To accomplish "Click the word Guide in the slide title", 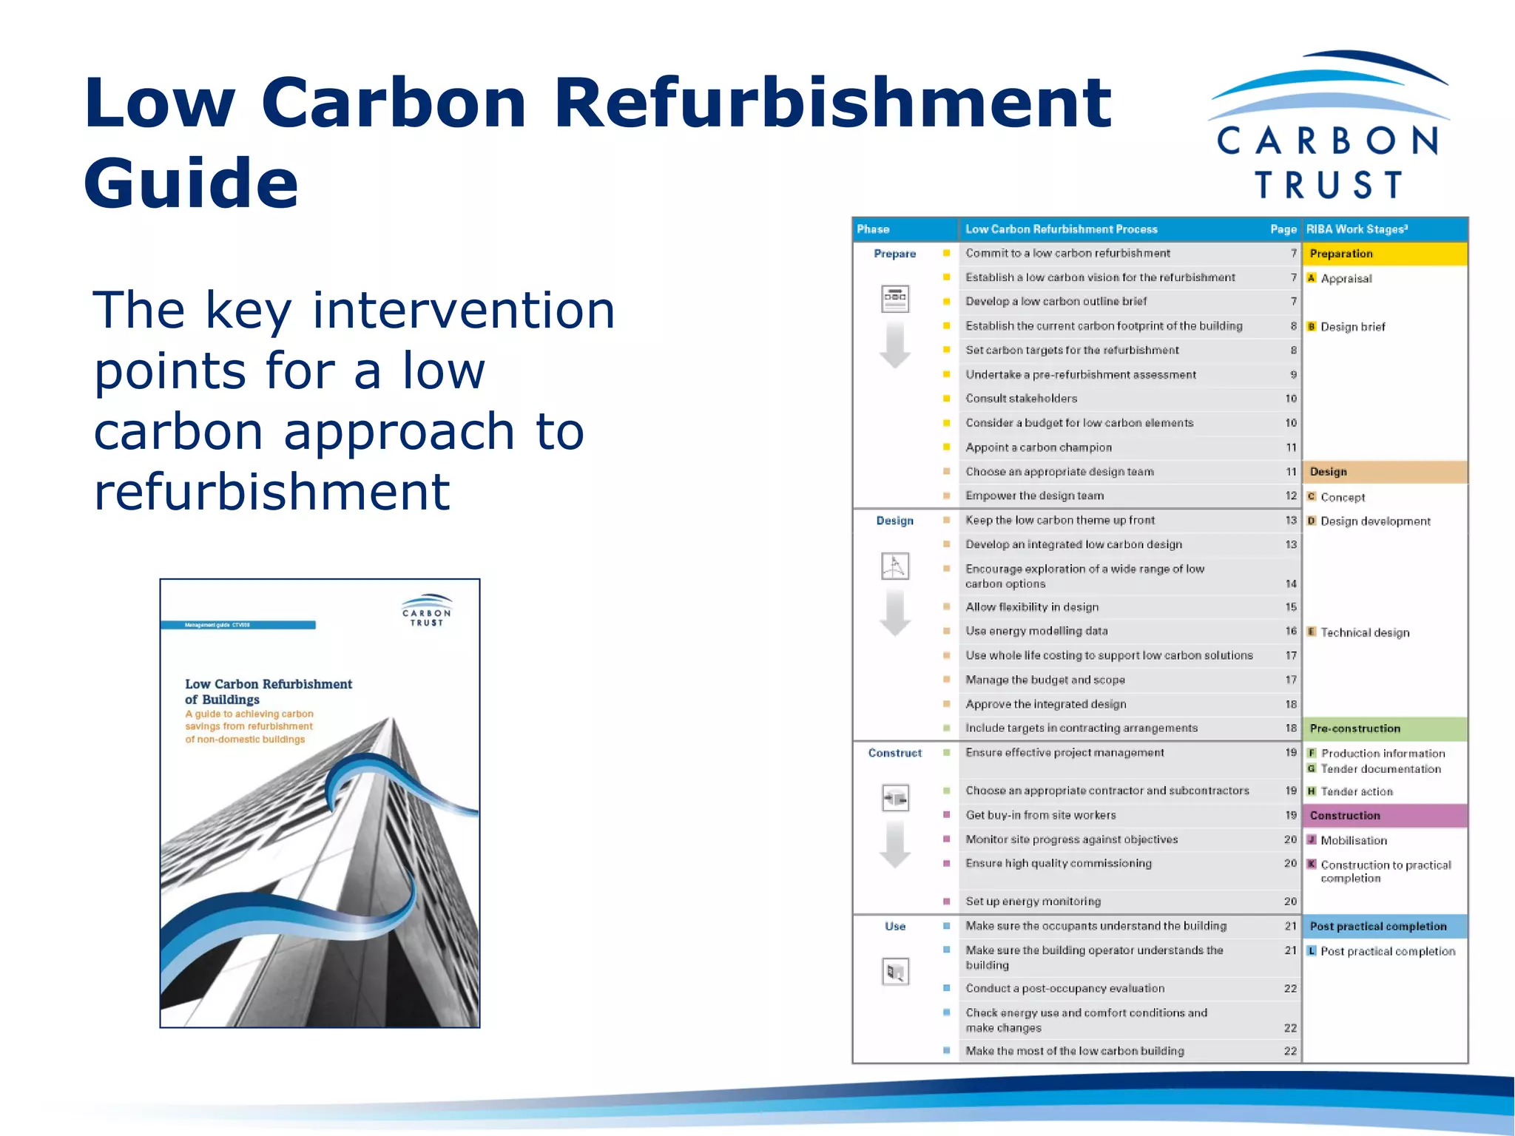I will pos(191,183).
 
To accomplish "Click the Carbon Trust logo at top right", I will pos(1329,126).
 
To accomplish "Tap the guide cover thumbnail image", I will pos(320,803).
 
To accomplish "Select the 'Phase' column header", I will pos(874,229).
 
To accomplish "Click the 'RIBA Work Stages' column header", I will pos(1357,229).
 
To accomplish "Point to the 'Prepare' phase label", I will pos(894,254).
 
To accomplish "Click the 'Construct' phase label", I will pos(894,753).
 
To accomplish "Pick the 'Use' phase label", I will pos(894,926).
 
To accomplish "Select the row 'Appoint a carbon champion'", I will pos(1038,447).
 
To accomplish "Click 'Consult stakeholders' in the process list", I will pos(1021,399).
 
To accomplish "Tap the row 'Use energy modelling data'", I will pos(1036,631).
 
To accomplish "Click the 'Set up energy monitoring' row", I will pos(1033,902).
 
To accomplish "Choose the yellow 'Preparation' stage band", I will pos(1384,254).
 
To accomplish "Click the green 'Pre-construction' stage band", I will pos(1384,728).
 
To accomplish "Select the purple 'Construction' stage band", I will pos(1384,816).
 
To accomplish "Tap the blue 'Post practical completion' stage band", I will pos(1384,926).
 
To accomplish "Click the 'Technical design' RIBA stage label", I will pos(1365,632).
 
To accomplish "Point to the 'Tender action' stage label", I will pos(1357,791).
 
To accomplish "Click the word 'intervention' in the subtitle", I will pos(464,310).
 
